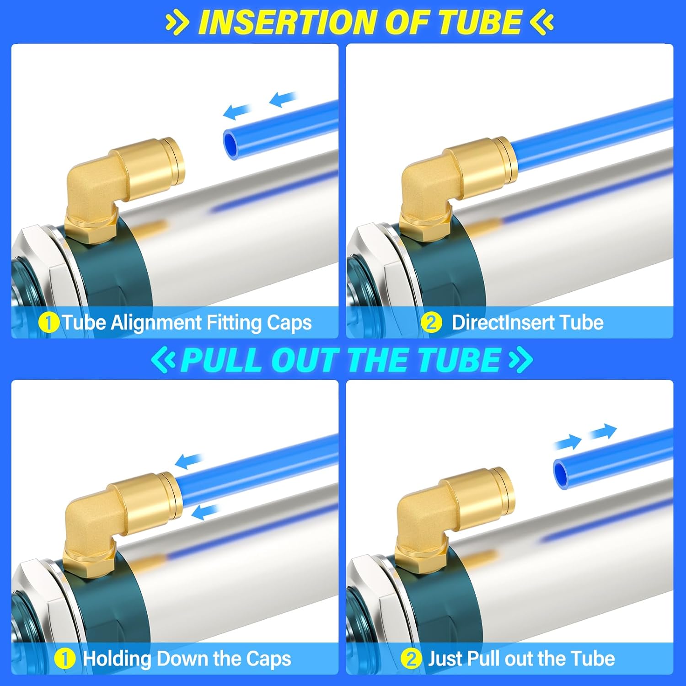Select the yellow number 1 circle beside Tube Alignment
point(48,323)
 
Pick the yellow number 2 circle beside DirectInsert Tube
point(431,323)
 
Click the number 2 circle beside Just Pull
point(411,659)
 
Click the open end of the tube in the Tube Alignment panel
point(231,143)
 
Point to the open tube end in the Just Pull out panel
point(563,474)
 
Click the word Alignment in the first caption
point(156,323)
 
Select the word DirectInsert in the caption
point(503,323)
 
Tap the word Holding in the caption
point(117,659)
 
